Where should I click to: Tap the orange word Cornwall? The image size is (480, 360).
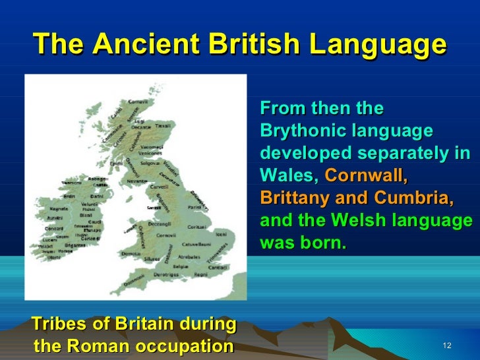(x=367, y=176)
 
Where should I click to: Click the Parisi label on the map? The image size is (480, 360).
(x=194, y=208)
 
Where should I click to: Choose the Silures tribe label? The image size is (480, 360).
(x=152, y=258)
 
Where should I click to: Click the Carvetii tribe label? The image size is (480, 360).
(x=160, y=187)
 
